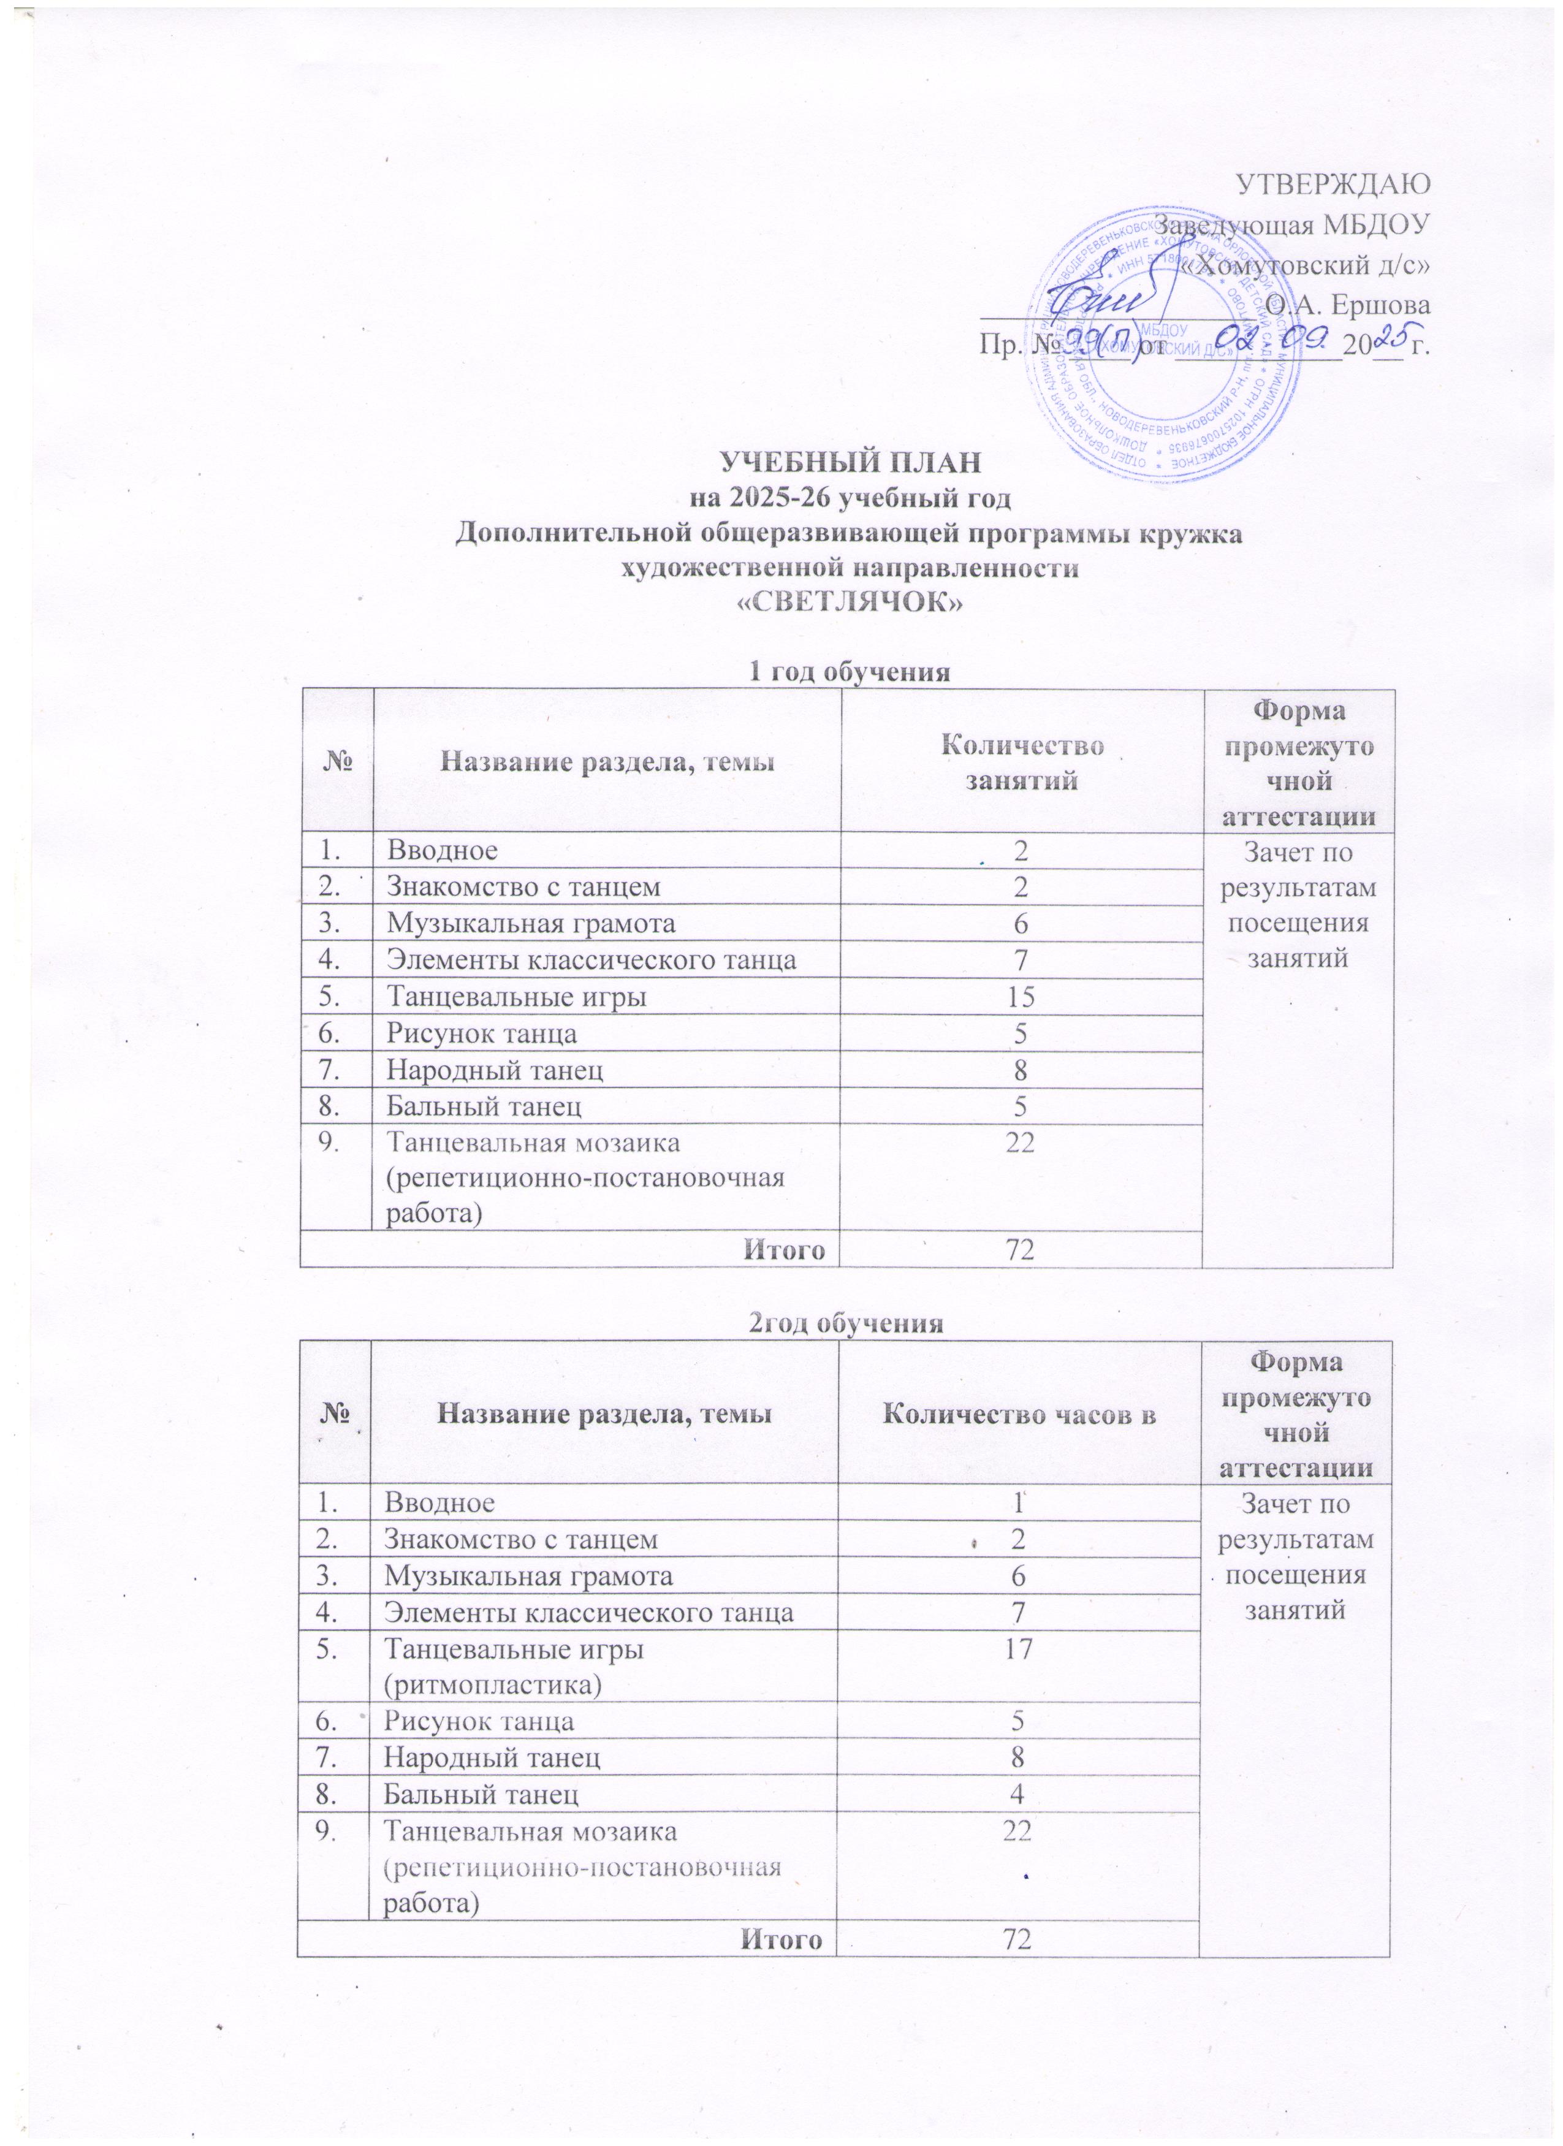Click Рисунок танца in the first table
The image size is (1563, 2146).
pos(482,1033)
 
